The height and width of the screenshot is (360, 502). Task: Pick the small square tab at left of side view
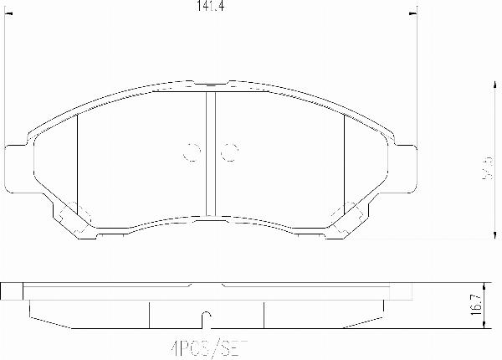(11, 291)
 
